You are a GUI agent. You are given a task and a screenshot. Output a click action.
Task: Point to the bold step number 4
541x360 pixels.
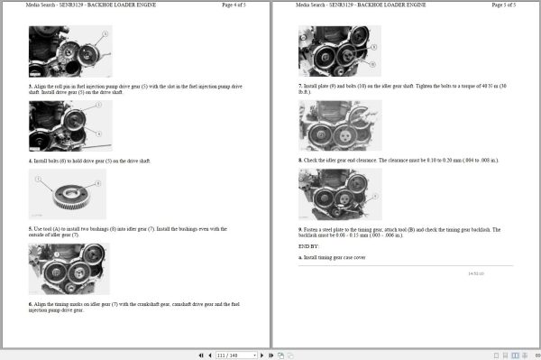tap(30, 161)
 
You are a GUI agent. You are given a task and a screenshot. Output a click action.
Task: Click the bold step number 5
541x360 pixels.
tap(30, 229)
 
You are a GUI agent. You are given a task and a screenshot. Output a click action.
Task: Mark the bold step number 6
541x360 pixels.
tap(30, 304)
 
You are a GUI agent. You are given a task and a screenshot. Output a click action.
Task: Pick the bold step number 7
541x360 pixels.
tap(300, 86)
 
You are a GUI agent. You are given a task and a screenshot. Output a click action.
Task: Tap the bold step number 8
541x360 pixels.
tap(300, 160)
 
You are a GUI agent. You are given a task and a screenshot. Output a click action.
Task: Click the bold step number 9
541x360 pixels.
tap(300, 230)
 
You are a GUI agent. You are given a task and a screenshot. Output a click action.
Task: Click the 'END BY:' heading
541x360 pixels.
tap(308, 245)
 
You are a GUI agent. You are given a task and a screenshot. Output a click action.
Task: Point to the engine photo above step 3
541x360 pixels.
tap(67, 51)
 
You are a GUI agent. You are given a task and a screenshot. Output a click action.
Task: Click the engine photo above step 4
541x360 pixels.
tap(67, 125)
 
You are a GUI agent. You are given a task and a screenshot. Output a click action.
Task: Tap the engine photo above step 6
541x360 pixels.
tap(69, 269)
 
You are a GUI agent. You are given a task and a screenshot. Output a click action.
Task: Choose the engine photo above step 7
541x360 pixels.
tap(339, 51)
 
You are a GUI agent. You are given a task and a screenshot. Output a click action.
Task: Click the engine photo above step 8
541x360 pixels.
tap(339, 125)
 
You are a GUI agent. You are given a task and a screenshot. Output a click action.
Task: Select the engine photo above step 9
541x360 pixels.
tap(339, 194)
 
